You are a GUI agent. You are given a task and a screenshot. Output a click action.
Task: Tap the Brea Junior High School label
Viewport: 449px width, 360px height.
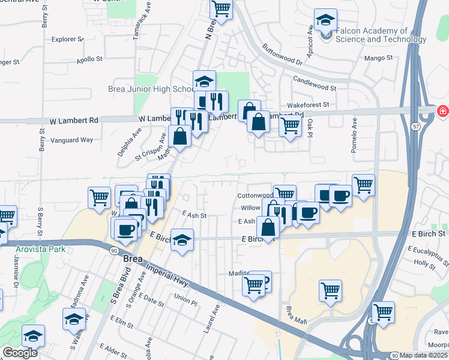point(150,89)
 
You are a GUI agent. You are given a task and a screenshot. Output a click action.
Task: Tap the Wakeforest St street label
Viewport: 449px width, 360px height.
point(308,104)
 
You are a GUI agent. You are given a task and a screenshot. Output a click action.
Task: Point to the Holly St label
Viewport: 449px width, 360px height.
point(424,263)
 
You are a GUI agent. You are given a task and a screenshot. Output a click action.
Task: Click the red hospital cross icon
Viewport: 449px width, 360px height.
point(443,111)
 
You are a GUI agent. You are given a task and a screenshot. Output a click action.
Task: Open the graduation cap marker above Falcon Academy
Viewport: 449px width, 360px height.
point(325,21)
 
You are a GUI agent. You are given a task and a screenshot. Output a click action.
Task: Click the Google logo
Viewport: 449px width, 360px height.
point(20,353)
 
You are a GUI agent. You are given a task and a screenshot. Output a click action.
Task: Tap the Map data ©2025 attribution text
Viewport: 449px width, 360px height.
point(424,355)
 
